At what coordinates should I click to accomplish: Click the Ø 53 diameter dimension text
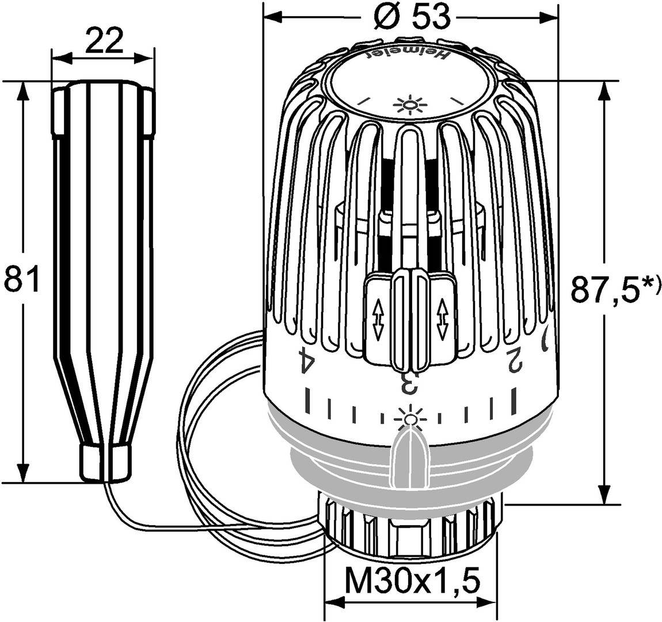click(410, 18)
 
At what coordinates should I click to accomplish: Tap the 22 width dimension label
click(104, 41)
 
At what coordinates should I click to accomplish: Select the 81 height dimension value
click(21, 278)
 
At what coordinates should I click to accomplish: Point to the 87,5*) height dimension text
click(613, 289)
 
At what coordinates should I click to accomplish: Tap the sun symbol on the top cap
click(408, 106)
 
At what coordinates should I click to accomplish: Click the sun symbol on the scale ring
click(409, 416)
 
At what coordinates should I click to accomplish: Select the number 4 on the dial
click(307, 361)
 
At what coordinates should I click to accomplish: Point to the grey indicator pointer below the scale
click(409, 458)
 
